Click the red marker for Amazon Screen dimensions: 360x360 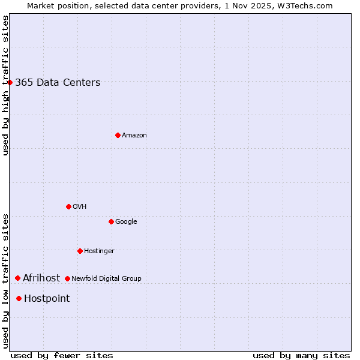[118, 135]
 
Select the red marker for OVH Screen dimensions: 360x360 [68, 206]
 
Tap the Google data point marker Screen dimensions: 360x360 [111, 221]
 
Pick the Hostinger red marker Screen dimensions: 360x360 [80, 251]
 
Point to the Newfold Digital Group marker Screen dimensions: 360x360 [67, 278]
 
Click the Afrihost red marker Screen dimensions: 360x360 [18, 278]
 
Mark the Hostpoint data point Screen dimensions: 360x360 [19, 298]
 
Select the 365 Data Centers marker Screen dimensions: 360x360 [10, 82]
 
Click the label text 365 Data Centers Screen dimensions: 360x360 [58, 83]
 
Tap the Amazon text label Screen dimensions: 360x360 [134, 136]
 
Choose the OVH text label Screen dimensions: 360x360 [80, 207]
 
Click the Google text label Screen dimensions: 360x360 [126, 222]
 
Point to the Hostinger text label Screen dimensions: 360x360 [99, 251]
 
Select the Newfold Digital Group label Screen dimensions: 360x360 [106, 278]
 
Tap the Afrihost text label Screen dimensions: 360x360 [41, 278]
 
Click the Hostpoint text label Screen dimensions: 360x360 [47, 299]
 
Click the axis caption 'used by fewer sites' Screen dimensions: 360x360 [62, 355]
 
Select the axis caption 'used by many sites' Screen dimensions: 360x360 [301, 355]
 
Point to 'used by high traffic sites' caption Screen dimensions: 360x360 [6, 85]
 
